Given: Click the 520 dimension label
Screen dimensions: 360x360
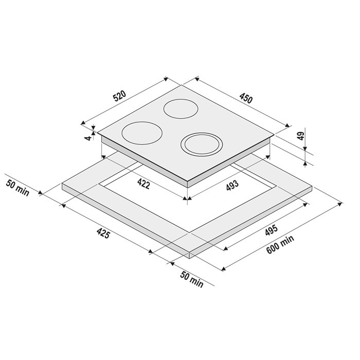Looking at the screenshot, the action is pos(120,96).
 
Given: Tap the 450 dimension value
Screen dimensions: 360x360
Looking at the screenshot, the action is pos(246,98).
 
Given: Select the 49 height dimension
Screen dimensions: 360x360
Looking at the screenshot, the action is pos(301,136).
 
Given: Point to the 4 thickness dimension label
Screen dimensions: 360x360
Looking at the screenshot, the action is pos(87,138).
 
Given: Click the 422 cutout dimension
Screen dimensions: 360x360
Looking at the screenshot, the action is pos(143,184).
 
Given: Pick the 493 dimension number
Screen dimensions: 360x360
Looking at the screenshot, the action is pos(232,186).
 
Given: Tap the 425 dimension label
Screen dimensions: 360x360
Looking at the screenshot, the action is pos(103,233).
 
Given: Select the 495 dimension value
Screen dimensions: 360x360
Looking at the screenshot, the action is pos(271,230).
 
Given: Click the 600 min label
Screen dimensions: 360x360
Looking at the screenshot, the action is pos(280,244).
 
